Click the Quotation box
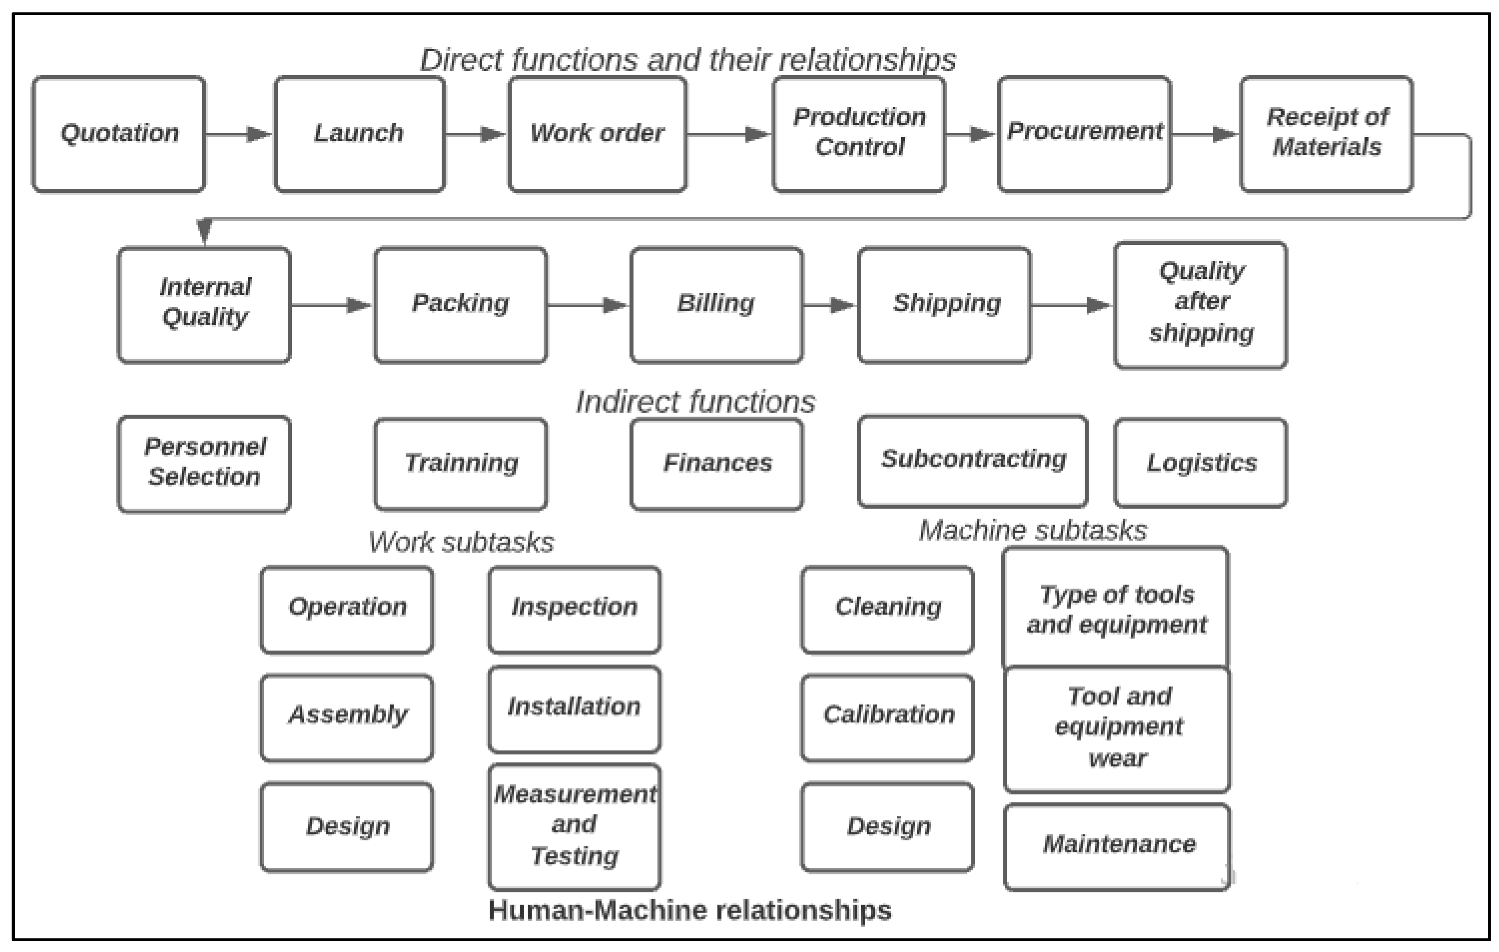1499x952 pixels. [119, 134]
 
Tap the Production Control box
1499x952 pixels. [859, 134]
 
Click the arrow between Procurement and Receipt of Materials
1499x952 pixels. [1205, 134]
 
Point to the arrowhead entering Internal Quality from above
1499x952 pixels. [204, 231]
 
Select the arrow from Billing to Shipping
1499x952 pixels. [830, 305]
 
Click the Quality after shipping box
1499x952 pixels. [1200, 305]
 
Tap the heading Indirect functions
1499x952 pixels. [695, 402]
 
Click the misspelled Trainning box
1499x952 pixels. [461, 463]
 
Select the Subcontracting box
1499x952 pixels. [973, 461]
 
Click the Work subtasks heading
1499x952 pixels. [461, 542]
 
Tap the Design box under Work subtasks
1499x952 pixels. [347, 826]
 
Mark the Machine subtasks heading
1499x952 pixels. [1033, 531]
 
